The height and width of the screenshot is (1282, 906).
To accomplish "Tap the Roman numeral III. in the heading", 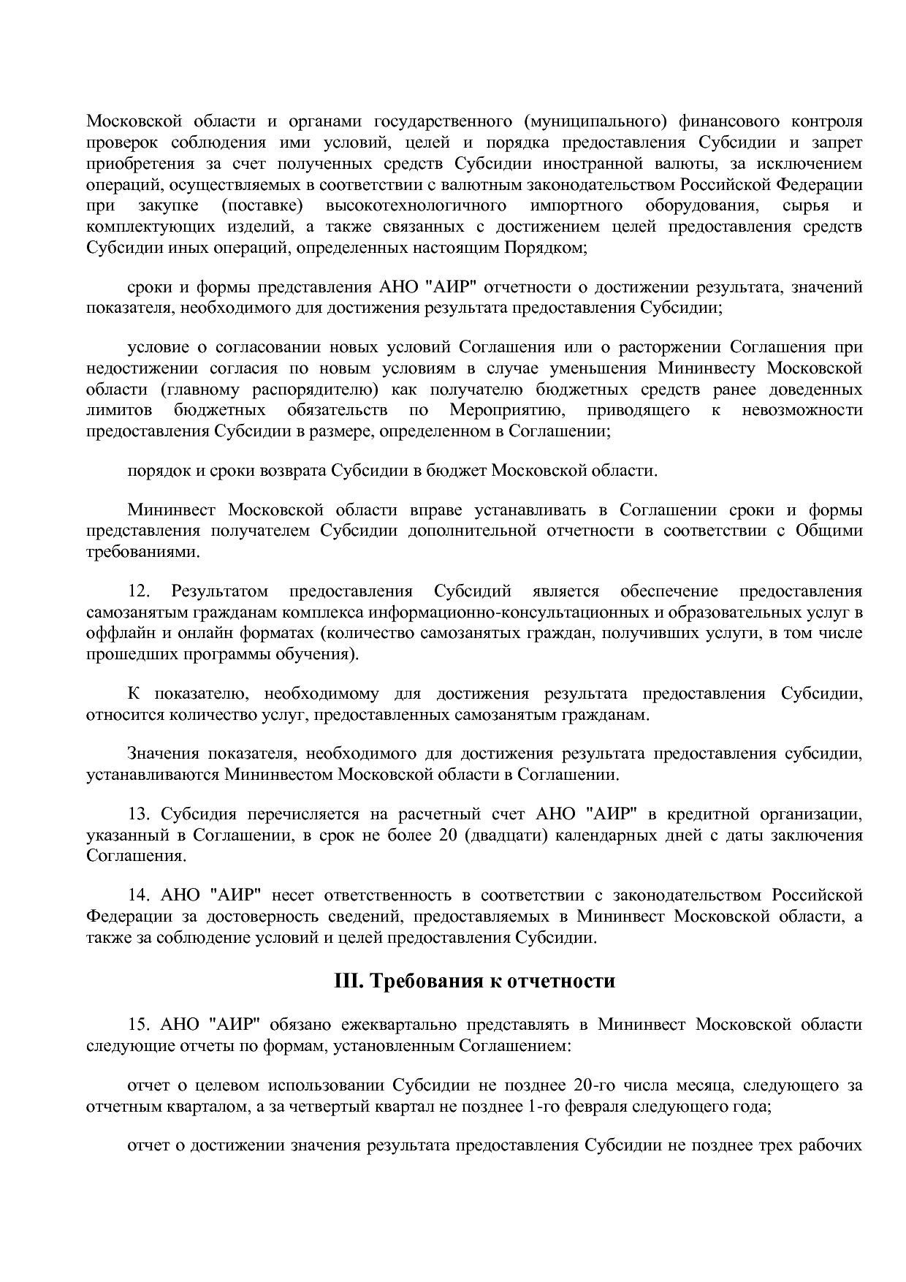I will pyautogui.click(x=348, y=980).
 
